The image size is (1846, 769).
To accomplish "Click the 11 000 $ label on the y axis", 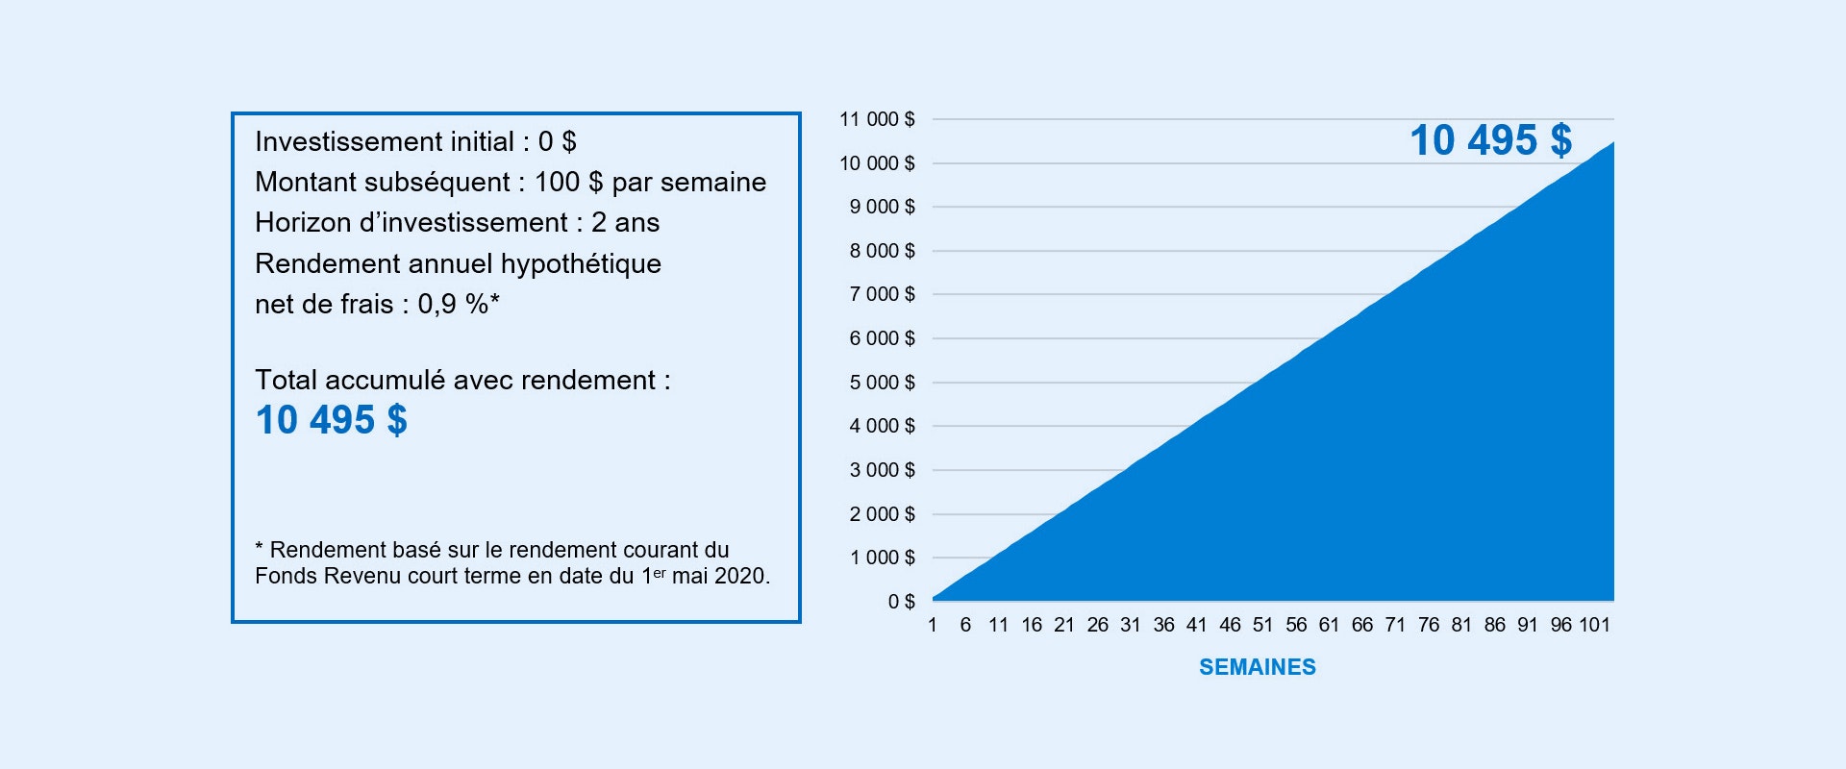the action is tap(877, 119).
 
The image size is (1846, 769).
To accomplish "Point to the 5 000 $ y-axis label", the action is tap(882, 383).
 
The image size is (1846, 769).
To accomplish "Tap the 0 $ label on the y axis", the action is tap(901, 602).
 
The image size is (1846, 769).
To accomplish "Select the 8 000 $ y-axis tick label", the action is tap(882, 251).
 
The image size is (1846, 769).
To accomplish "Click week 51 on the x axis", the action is tap(1262, 625).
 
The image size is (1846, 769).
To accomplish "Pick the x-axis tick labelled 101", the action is tap(1594, 625).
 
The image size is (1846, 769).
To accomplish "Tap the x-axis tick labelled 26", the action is tap(1097, 625).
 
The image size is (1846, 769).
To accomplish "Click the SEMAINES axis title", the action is tap(1258, 667).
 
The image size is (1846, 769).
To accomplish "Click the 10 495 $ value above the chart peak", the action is tap(1491, 140).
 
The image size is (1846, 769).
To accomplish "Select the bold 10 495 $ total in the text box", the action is tap(332, 420).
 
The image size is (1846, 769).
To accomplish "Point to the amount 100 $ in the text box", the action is tap(568, 182).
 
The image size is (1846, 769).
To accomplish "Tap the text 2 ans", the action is tap(625, 222).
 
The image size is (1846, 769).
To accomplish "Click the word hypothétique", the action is tap(581, 263).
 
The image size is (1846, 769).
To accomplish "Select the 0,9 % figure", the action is tap(453, 304).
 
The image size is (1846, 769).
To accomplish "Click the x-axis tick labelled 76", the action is tap(1429, 625).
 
